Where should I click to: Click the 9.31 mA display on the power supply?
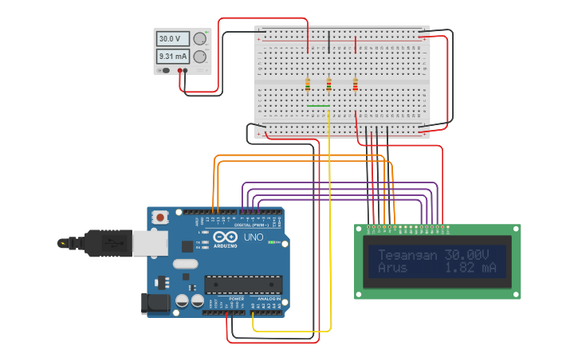pos(172,57)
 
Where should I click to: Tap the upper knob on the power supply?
pos(199,39)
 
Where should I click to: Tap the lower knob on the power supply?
pos(199,57)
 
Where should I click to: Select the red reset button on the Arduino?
pos(160,217)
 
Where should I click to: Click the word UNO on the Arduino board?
pos(253,237)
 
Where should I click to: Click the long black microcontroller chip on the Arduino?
pos(243,284)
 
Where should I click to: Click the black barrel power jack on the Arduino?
pos(153,303)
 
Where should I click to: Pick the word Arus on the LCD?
pos(392,269)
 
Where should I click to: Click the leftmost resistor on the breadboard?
pos(308,84)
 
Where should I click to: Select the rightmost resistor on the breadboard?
pos(356,84)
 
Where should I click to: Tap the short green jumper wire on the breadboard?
pos(318,105)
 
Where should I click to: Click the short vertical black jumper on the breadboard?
pos(329,42)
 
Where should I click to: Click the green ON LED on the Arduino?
pos(273,242)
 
